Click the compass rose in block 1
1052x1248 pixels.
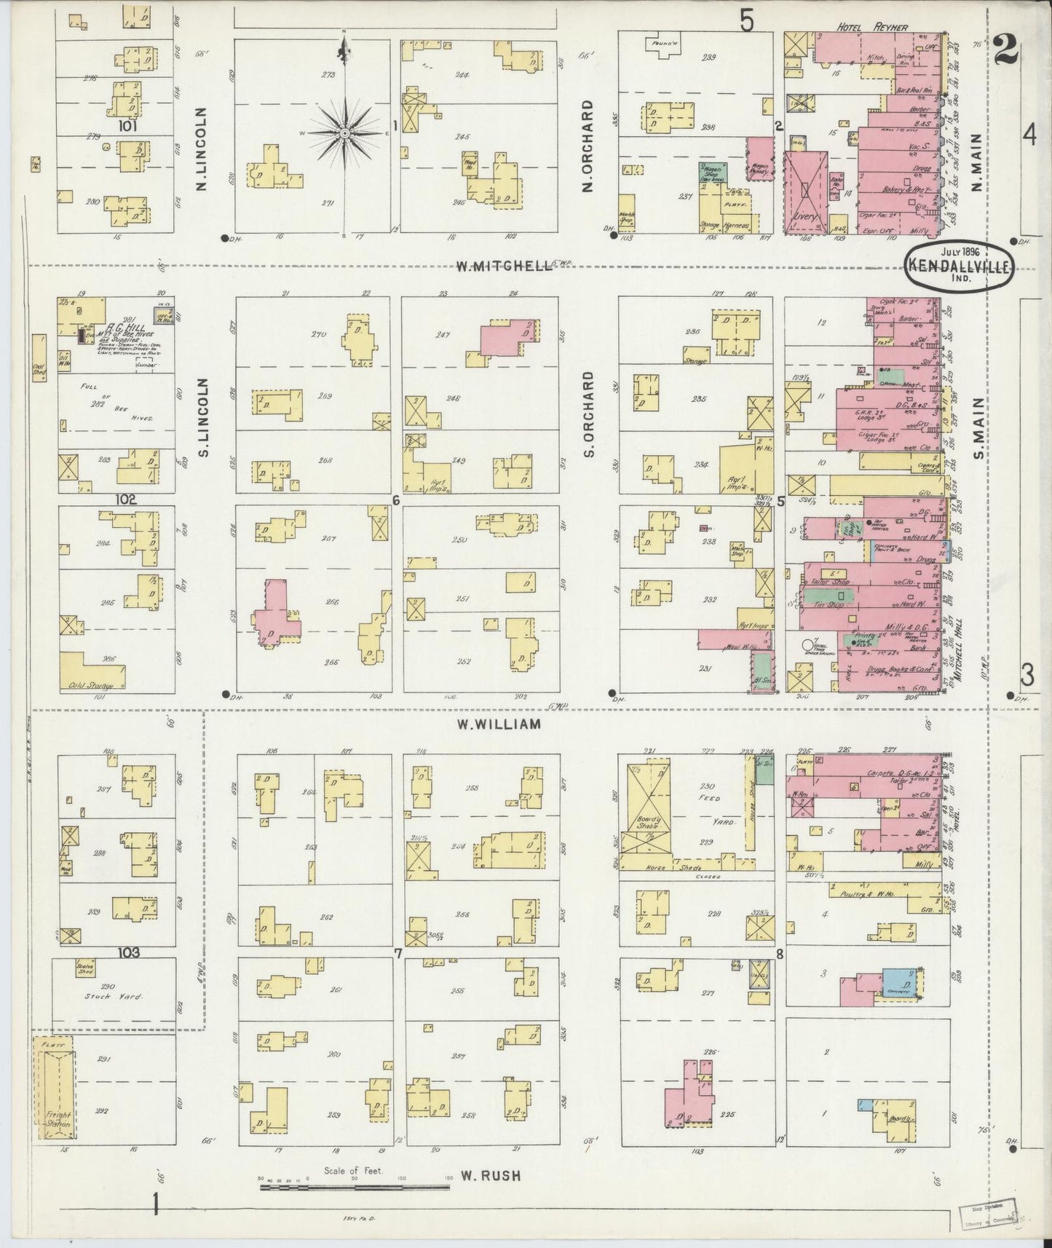coord(344,133)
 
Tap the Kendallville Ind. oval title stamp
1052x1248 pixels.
coord(958,267)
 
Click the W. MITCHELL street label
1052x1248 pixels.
coord(503,266)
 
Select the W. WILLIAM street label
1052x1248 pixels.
coord(499,724)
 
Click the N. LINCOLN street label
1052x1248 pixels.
coord(202,149)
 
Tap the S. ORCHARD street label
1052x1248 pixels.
coord(588,414)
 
